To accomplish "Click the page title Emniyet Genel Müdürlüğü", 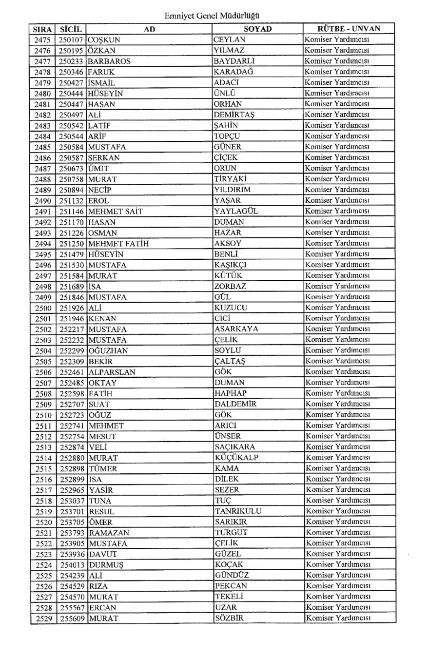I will [x=211, y=16].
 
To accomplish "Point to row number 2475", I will [x=43, y=40].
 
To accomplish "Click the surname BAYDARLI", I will [x=234, y=61].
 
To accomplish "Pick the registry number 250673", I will [x=71, y=168].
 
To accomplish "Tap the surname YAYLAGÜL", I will [x=235, y=211].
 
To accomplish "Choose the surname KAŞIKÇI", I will [x=231, y=265].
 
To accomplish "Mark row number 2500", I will [x=43, y=308].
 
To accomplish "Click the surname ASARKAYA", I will [x=236, y=329].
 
